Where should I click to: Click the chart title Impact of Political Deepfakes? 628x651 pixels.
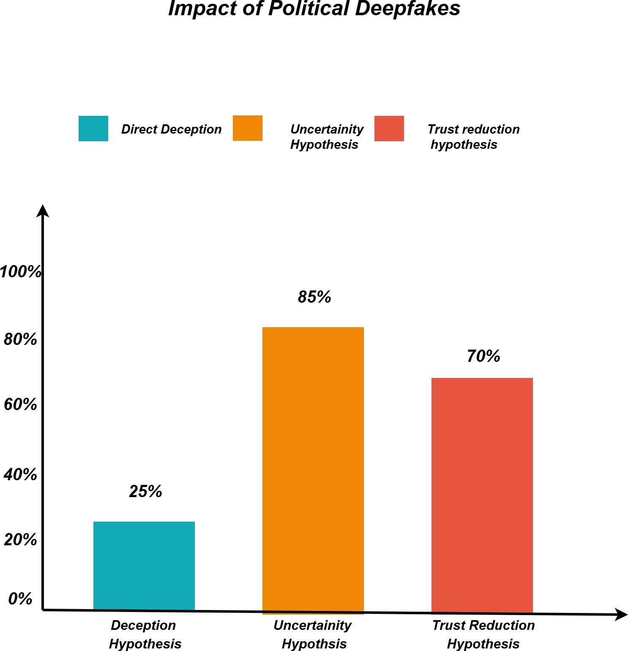coord(314,8)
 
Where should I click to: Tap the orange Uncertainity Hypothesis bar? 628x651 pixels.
coord(313,469)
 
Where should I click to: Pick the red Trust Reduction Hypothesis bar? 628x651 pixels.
coord(482,495)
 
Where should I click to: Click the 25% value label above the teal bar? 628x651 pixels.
coord(145,491)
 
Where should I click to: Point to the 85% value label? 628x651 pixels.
coord(314,297)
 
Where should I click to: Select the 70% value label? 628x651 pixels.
coord(483,356)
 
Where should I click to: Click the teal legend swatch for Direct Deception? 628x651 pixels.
coord(93,129)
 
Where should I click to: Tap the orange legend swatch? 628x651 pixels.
coord(248,128)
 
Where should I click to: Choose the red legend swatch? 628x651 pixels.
coord(389,129)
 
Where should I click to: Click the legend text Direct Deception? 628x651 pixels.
coord(171,129)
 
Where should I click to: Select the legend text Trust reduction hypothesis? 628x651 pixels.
coord(473,137)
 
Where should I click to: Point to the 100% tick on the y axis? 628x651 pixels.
coord(20,271)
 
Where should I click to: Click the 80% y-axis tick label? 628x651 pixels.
coord(20,339)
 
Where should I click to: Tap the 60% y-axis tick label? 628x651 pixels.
coord(20,405)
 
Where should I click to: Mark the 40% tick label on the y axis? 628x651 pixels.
coord(20,474)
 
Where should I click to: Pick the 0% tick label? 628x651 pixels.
coord(20,599)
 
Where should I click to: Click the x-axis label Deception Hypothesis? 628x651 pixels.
coord(144,634)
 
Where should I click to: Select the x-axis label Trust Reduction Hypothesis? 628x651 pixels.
coord(483,634)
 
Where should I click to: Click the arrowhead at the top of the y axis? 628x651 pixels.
coord(42,211)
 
